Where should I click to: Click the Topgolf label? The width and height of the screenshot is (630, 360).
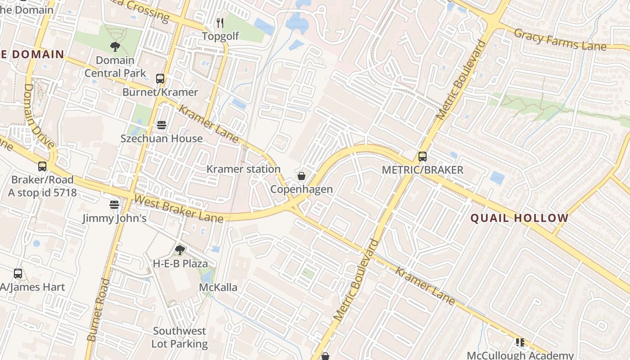(x=220, y=36)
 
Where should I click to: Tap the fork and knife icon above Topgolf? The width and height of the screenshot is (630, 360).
(x=220, y=22)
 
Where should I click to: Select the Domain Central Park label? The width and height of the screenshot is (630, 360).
(x=115, y=67)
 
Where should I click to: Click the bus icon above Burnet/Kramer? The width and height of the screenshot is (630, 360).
(x=160, y=79)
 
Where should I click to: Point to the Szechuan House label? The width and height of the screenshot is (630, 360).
(x=162, y=138)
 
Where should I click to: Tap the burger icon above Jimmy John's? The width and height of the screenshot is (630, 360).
(x=114, y=205)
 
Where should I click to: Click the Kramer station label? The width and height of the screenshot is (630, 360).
(x=243, y=169)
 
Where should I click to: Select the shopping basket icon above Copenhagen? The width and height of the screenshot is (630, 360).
(x=301, y=176)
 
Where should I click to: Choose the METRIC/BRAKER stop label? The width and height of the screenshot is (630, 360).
(x=423, y=170)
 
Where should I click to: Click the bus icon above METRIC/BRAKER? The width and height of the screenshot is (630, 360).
(x=423, y=157)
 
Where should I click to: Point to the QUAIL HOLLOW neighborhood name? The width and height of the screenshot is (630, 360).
(x=520, y=218)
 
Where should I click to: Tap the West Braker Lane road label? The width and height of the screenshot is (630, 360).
(x=179, y=208)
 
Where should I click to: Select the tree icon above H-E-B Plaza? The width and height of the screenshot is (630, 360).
(x=180, y=250)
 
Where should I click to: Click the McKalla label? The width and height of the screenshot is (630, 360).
(x=218, y=287)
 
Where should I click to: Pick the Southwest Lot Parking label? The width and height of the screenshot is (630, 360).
(x=180, y=337)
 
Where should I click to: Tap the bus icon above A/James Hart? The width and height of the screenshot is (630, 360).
(x=18, y=274)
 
